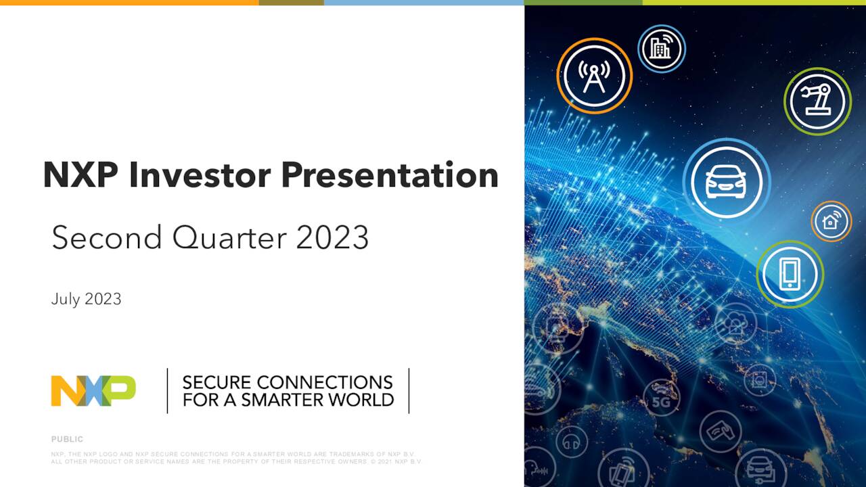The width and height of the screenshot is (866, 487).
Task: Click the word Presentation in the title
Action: (389, 175)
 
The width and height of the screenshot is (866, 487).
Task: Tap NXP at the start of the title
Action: (80, 175)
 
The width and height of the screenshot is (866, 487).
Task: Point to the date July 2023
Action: (86, 299)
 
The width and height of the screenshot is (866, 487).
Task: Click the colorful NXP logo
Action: (93, 391)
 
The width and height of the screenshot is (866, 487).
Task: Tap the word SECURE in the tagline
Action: (216, 382)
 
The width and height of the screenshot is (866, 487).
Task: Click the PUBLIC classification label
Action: (67, 440)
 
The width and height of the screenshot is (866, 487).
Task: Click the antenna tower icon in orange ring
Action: (594, 75)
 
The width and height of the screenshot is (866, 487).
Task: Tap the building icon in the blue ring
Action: (661, 49)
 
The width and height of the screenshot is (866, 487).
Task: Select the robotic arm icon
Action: (817, 101)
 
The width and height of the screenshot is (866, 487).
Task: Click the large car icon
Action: (726, 181)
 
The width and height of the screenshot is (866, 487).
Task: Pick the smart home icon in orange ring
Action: (831, 221)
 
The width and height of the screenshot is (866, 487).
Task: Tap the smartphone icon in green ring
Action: (790, 274)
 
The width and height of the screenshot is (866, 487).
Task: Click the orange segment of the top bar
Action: (129, 3)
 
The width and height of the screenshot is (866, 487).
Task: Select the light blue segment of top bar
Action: (424, 3)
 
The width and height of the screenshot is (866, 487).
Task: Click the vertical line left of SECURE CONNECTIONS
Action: (167, 390)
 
